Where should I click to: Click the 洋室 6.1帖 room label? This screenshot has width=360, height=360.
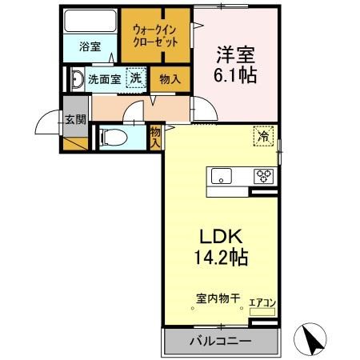coord(234,65)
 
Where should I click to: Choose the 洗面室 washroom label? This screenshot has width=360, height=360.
coord(104,79)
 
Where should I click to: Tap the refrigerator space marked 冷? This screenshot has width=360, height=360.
coord(262,136)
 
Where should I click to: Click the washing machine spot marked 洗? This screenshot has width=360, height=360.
coord(136,78)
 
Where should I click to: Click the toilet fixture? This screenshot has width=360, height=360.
coord(112,136)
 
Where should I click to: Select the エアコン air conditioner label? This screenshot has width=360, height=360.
coord(262,302)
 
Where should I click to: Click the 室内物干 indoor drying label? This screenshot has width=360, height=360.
coord(218,299)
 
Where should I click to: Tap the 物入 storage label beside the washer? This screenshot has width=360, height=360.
coord(170,79)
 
